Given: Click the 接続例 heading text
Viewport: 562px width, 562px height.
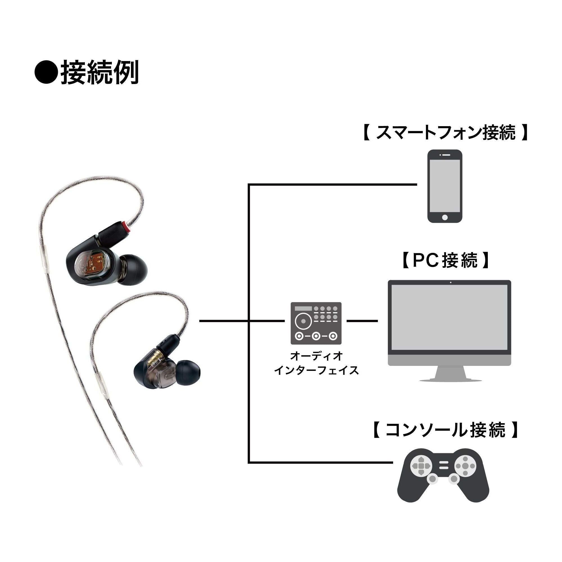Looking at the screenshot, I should [99, 72].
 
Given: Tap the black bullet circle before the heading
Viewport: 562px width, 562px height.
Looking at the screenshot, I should [46, 72].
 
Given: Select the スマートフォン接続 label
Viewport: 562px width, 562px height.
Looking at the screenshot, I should [445, 133].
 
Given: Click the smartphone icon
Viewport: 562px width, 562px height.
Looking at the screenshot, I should [445, 187].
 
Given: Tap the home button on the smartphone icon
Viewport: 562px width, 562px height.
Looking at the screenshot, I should [445, 217].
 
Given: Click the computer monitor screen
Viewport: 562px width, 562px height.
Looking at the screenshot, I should [449, 318].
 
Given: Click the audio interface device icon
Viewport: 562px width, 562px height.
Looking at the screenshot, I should [316, 323].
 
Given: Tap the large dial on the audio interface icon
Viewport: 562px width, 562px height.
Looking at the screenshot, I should [303, 321].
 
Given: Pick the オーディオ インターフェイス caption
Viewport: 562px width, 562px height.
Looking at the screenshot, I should [316, 363].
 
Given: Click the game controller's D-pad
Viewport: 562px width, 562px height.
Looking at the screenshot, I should [420, 466].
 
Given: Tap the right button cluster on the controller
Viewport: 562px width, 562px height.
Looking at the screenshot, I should [465, 466].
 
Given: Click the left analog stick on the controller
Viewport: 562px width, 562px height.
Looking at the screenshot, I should [432, 479].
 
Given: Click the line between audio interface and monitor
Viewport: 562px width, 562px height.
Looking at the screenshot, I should [362, 321].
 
